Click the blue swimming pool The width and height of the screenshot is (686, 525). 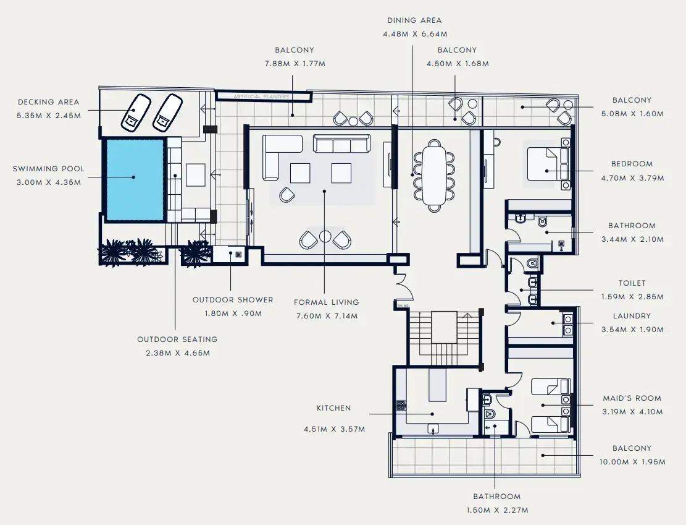click(x=134, y=179)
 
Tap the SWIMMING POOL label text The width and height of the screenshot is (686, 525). click(x=48, y=169)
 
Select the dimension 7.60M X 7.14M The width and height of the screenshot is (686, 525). click(x=326, y=316)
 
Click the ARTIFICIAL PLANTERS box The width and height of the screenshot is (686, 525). click(x=262, y=96)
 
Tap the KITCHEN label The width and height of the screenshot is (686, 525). click(x=333, y=408)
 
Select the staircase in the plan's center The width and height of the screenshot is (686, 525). click(x=443, y=338)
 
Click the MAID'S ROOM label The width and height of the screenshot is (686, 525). click(x=632, y=399)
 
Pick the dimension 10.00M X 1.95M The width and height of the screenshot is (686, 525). click(x=632, y=462)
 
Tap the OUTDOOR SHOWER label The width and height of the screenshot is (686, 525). click(x=232, y=300)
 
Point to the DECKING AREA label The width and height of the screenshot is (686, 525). click(x=48, y=102)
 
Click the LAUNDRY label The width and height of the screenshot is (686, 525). click(x=632, y=316)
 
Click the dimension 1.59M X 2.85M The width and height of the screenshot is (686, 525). click(x=632, y=297)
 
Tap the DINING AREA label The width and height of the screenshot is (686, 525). click(x=415, y=20)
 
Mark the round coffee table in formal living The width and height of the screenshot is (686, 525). click(x=325, y=236)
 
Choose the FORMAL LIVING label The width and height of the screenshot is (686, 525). click(x=326, y=302)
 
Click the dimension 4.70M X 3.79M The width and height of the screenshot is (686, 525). click(x=632, y=178)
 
